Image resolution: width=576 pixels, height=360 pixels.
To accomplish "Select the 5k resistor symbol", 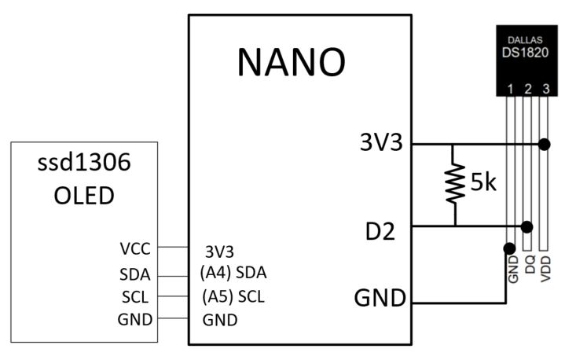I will click(x=453, y=185).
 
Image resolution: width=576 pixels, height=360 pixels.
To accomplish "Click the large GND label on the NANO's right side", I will click(x=380, y=299).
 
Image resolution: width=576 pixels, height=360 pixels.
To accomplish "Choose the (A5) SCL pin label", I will click(x=233, y=297).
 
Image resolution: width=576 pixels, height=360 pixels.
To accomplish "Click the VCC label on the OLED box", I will click(x=135, y=248).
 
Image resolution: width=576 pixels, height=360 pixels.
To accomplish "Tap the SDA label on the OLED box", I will click(x=134, y=274).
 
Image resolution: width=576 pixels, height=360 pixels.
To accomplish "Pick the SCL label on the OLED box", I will click(x=135, y=297).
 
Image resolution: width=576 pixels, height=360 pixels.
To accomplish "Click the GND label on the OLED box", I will click(x=134, y=319).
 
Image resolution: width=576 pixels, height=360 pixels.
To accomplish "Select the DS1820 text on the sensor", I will click(x=526, y=53).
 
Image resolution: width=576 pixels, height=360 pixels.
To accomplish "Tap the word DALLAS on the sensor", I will click(x=526, y=39).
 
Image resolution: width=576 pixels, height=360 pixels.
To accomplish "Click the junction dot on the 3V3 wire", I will click(x=545, y=145).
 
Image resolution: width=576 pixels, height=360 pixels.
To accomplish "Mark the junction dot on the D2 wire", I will click(x=526, y=227).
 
